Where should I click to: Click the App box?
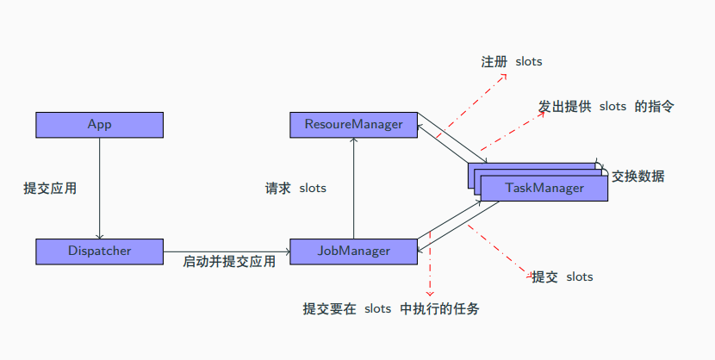(x=99, y=125)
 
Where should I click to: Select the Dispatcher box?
(x=99, y=251)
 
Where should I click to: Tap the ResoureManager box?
(x=353, y=125)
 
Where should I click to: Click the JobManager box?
(x=353, y=251)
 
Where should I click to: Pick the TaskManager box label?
(x=544, y=189)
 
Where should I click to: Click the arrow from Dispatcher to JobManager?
(x=227, y=251)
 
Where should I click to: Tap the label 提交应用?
(x=50, y=188)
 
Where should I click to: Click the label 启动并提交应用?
(x=229, y=262)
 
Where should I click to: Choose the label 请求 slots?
(x=295, y=188)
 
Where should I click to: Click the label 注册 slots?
(x=511, y=62)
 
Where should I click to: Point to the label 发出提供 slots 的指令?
(x=606, y=106)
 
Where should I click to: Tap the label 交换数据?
(x=638, y=177)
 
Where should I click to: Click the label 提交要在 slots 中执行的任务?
(x=390, y=308)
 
